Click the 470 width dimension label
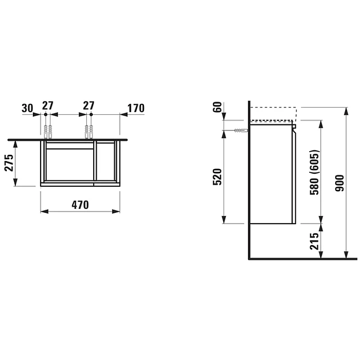click(x=80, y=205)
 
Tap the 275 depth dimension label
click(x=9, y=163)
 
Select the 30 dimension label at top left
click(x=27, y=108)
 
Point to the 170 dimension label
click(x=136, y=108)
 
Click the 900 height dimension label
click(x=340, y=183)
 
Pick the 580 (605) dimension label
click(x=315, y=172)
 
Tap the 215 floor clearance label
click(x=315, y=241)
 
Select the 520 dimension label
click(x=217, y=177)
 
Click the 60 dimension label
click(x=218, y=107)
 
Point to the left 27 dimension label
click(x=48, y=106)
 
